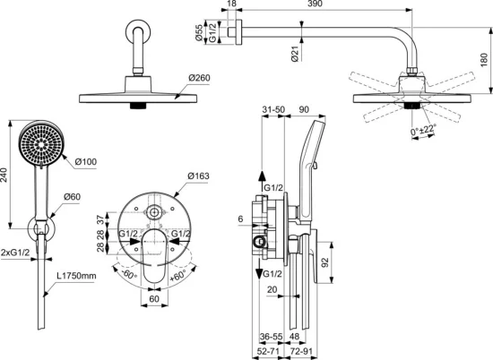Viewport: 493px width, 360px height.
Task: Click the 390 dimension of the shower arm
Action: (313, 5)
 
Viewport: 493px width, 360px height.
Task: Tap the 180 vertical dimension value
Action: (483, 59)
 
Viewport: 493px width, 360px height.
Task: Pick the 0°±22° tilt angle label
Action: (425, 132)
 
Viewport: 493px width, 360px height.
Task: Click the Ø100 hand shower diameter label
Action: (85, 161)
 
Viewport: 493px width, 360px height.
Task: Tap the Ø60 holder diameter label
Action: (73, 197)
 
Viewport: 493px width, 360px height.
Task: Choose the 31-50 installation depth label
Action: (262, 108)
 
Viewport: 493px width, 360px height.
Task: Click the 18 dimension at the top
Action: (233, 5)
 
